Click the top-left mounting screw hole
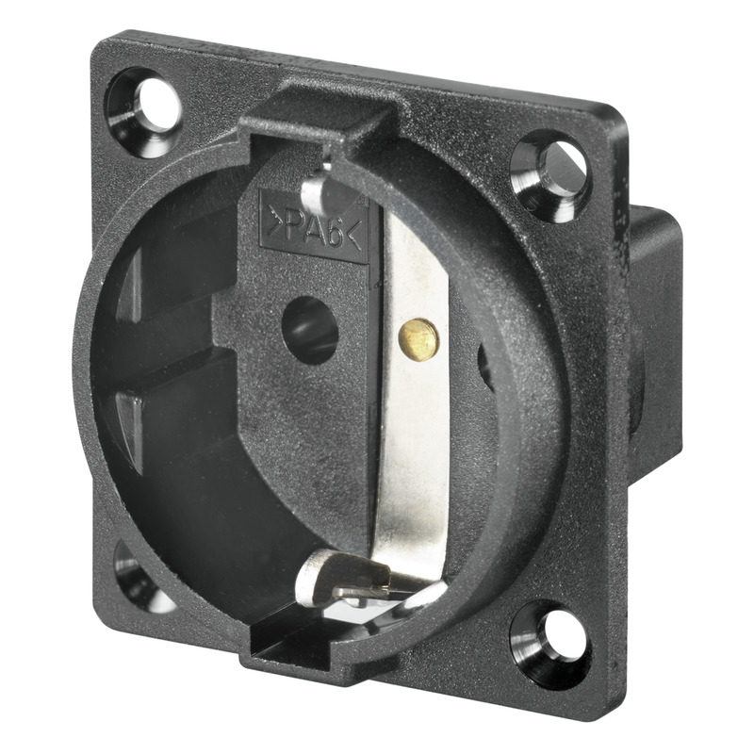tap(144, 112)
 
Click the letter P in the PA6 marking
tap(293, 226)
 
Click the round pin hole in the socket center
tap(310, 330)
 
